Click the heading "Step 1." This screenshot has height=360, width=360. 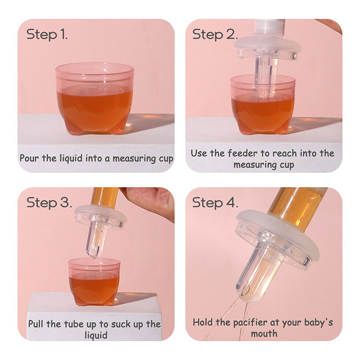[47, 35]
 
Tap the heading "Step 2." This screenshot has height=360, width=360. [215, 35]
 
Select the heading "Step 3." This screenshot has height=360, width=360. [49, 203]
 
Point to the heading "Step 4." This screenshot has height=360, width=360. [215, 203]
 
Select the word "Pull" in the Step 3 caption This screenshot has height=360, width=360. [36, 324]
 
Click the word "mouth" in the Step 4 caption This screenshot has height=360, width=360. [264, 333]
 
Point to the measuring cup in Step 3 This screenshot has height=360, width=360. [94, 281]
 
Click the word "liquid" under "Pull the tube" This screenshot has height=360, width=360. [96, 335]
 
